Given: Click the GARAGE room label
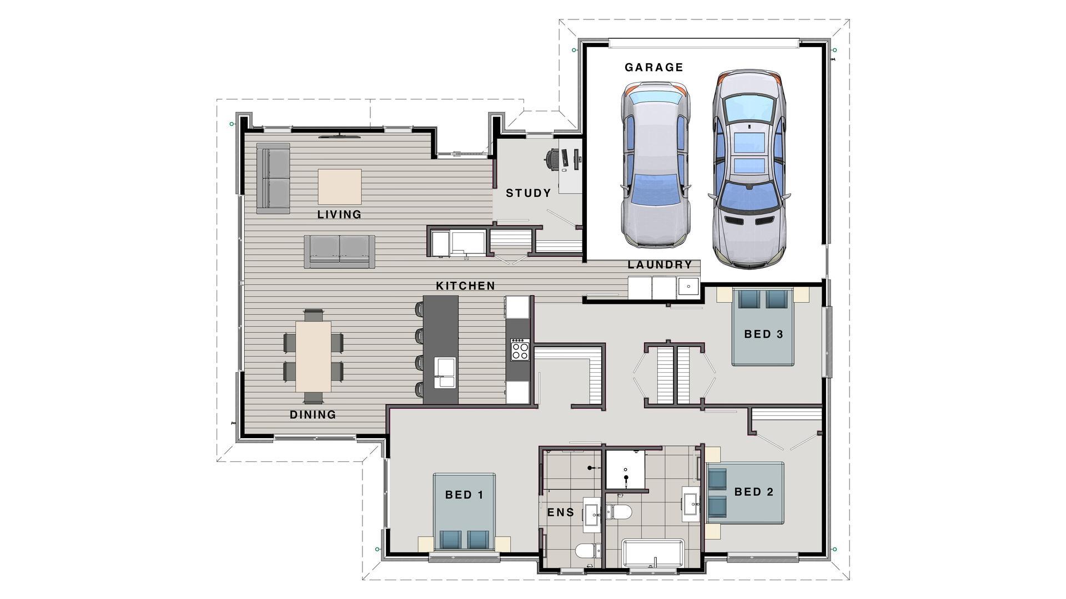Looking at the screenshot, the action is click(653, 68).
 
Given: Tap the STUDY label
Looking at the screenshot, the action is click(528, 194).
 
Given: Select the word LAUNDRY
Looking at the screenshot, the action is click(660, 265).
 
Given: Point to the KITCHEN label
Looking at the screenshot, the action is click(465, 286).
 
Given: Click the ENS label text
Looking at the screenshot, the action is click(561, 512).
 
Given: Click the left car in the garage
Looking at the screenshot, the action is click(656, 164).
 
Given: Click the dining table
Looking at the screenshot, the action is click(313, 357).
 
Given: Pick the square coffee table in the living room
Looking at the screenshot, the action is click(339, 187).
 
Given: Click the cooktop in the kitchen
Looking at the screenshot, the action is click(520, 350).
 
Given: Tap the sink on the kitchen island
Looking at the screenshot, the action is click(445, 372).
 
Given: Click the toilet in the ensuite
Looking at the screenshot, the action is click(588, 551).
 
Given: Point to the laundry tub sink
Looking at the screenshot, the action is click(688, 287).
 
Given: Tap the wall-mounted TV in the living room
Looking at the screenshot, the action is click(339, 134).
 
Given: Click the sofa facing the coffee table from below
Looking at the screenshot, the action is click(339, 251).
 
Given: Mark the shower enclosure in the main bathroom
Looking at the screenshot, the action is click(626, 470).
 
